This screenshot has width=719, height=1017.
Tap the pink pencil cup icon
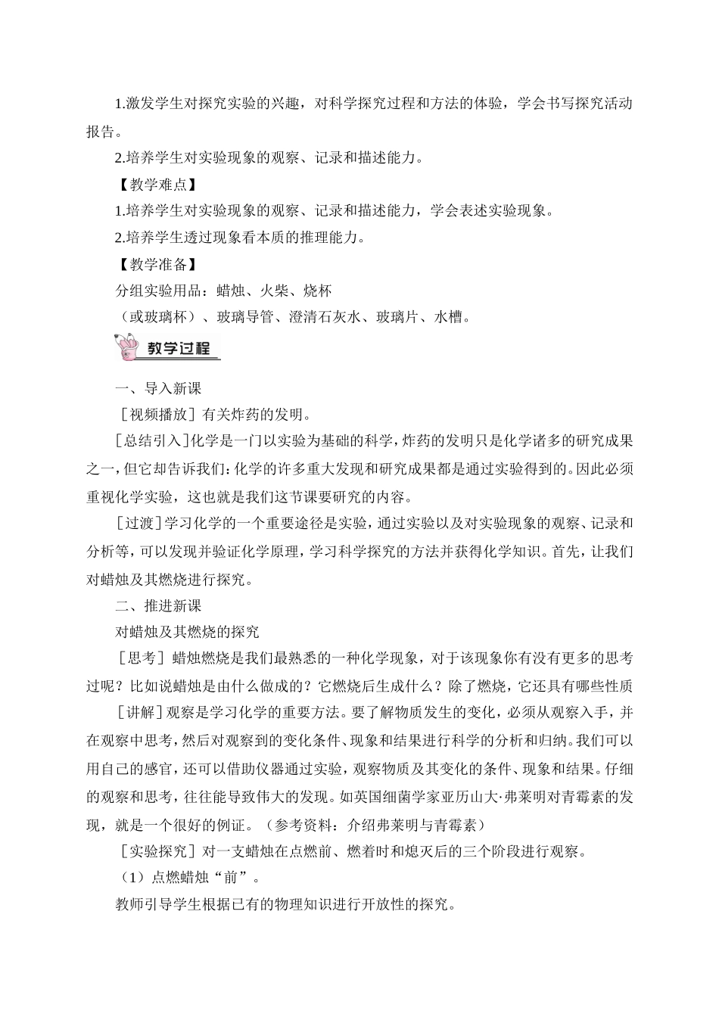(x=127, y=349)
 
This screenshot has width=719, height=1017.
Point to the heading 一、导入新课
(x=158, y=389)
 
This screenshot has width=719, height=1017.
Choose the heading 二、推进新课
(x=158, y=605)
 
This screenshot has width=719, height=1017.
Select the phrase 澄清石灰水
(x=324, y=317)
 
